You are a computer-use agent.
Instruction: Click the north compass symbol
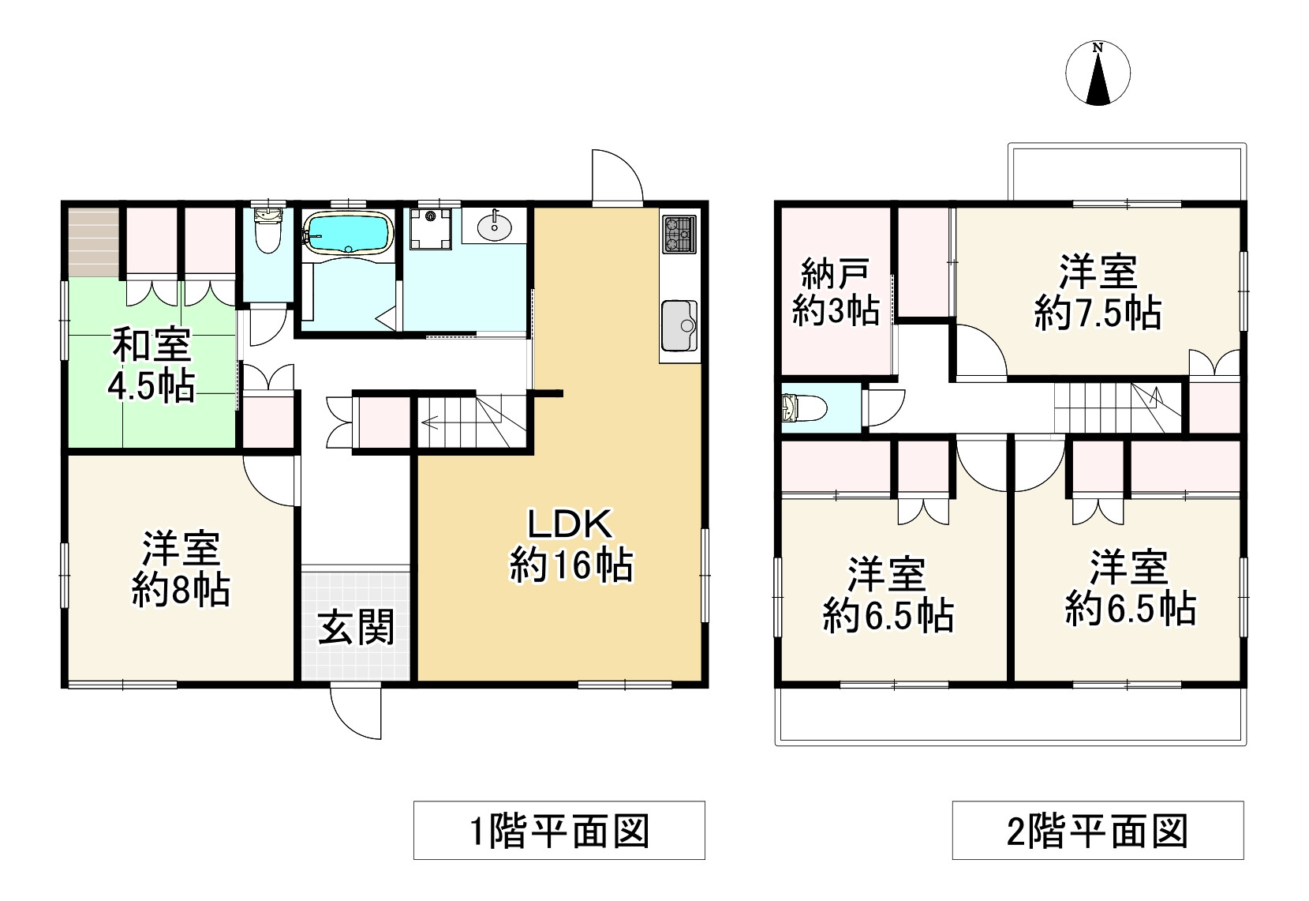click(x=1097, y=73)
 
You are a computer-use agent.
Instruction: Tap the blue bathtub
click(x=347, y=231)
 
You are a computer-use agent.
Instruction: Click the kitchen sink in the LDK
click(x=679, y=325)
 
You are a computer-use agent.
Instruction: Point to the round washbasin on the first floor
click(x=495, y=227)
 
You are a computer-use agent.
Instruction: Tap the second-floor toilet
click(x=803, y=408)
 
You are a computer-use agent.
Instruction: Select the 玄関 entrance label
click(x=356, y=629)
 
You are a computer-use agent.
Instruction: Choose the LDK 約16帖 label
click(x=570, y=545)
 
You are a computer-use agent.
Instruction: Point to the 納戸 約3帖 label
click(x=836, y=292)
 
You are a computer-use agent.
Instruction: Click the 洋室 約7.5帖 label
click(x=1098, y=292)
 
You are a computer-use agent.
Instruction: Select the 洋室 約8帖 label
click(x=181, y=569)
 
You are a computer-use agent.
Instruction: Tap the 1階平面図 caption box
click(x=559, y=830)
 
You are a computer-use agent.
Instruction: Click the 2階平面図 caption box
click(x=1098, y=830)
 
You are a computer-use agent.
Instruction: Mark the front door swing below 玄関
click(x=357, y=711)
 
